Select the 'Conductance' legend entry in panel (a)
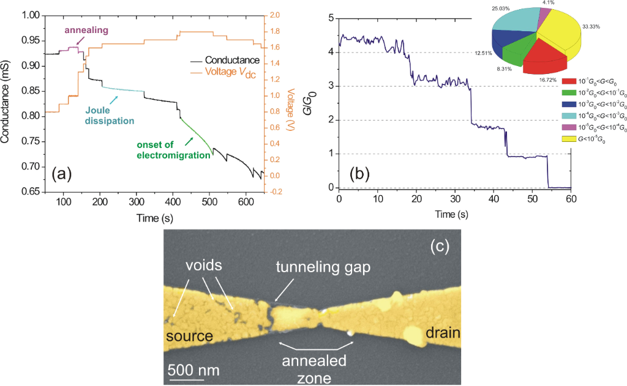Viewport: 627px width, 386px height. (x=232, y=61)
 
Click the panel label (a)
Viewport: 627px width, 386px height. (x=62, y=175)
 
